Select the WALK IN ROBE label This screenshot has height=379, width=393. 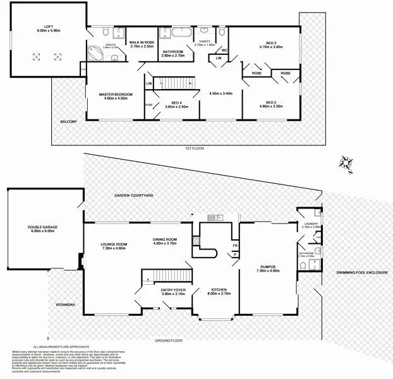(142, 43)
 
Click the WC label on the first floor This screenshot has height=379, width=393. (224, 51)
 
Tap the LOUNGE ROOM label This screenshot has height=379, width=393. (114, 246)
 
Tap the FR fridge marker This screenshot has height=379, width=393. (234, 245)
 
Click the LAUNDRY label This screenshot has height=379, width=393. (310, 224)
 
